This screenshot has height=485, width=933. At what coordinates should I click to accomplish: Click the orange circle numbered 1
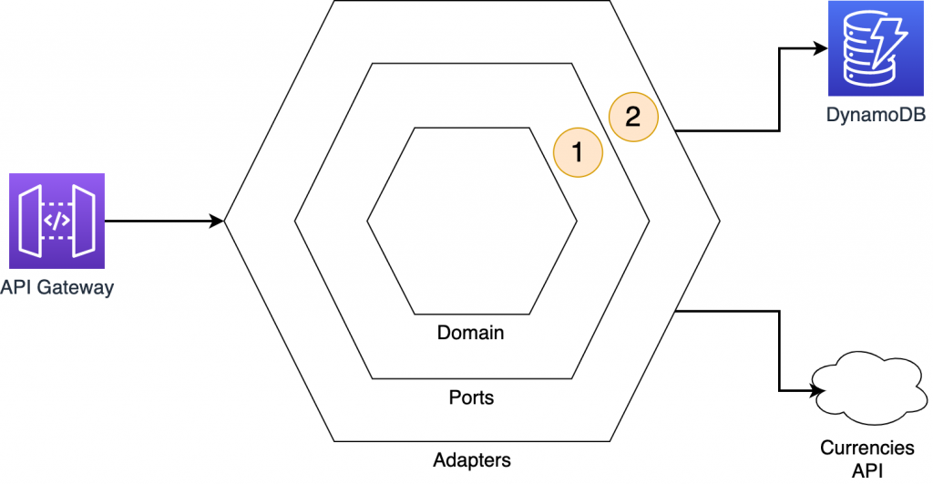[578, 150]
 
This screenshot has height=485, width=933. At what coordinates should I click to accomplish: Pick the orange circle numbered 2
[633, 117]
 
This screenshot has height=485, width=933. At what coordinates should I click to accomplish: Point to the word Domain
[470, 333]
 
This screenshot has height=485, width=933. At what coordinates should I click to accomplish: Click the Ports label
[471, 398]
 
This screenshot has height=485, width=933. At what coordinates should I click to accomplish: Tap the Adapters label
[471, 459]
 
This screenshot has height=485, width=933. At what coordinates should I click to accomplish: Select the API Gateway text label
[57, 288]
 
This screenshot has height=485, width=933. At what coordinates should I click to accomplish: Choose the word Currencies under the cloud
[866, 448]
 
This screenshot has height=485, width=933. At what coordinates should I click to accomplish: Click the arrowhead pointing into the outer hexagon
[217, 221]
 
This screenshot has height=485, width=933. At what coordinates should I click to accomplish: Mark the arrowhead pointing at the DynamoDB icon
[820, 50]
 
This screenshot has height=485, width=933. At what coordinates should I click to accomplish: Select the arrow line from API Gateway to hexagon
[159, 221]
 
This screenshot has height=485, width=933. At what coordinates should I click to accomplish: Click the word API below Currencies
[866, 470]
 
